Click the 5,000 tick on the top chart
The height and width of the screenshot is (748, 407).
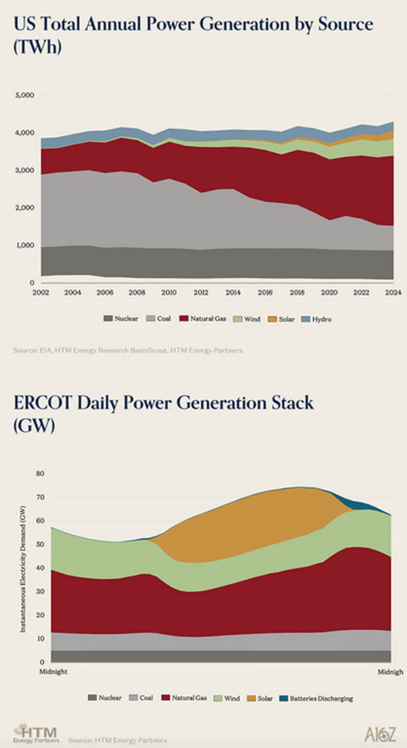[x=25, y=95]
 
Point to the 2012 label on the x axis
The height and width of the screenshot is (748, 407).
[x=201, y=293]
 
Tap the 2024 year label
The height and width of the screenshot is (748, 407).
[x=393, y=293]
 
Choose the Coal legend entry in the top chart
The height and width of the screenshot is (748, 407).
[x=159, y=319]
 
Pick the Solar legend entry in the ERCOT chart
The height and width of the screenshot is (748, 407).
[x=260, y=699]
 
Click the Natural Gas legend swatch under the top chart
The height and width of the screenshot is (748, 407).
[x=184, y=319]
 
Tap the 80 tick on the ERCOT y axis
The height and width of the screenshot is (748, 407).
[x=40, y=474]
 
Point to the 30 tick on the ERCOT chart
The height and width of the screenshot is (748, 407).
[x=40, y=591]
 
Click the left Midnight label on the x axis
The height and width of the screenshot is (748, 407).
[x=53, y=672]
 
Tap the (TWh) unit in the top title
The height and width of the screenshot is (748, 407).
[x=37, y=48]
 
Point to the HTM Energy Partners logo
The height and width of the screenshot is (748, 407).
[x=36, y=734]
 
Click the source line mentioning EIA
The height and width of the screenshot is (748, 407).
[x=128, y=350]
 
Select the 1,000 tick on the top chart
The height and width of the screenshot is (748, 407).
[x=25, y=245]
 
